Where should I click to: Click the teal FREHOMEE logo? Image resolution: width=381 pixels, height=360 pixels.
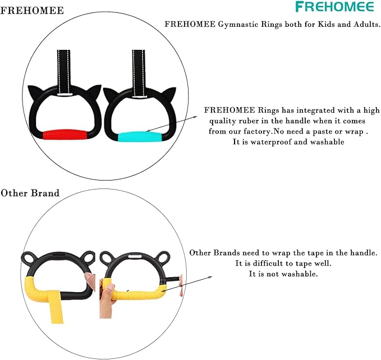point(334,7)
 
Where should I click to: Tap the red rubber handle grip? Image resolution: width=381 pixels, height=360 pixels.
point(65,135)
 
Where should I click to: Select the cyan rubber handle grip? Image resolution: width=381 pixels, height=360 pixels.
point(140,137)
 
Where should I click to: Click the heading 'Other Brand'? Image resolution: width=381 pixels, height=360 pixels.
point(30,193)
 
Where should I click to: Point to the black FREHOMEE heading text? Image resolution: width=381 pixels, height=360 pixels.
point(32,11)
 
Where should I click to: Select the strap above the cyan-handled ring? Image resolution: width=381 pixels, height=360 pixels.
point(139,73)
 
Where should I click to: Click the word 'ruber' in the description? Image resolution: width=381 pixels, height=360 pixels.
point(249,121)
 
